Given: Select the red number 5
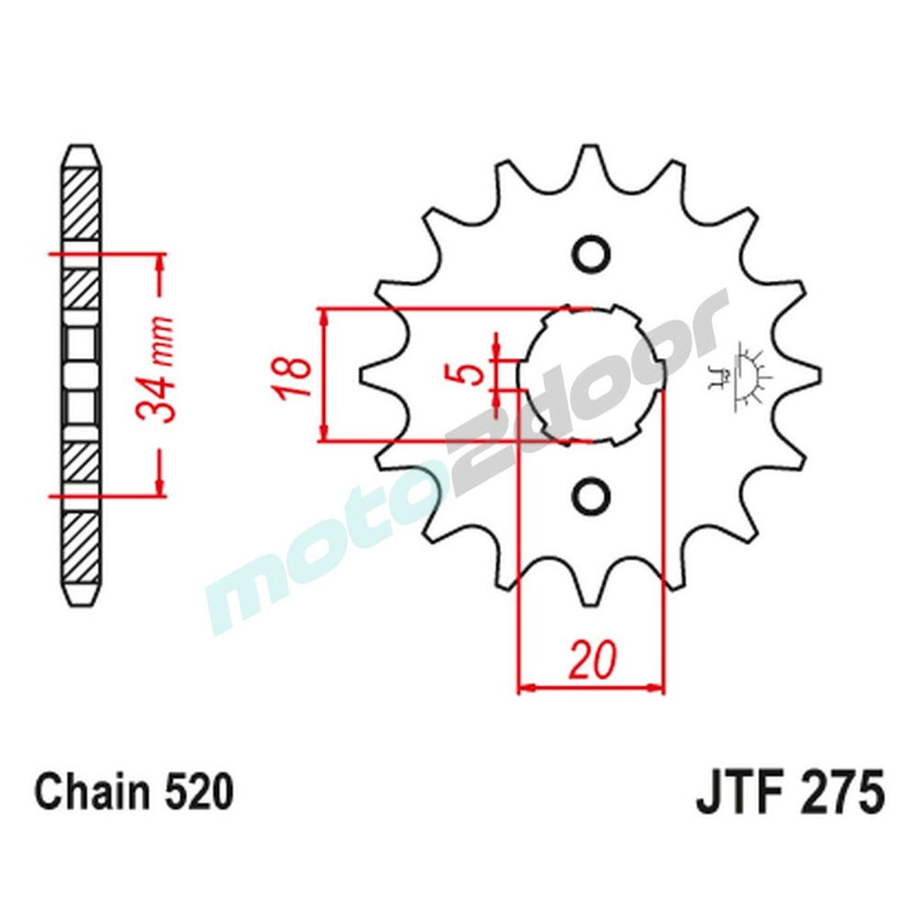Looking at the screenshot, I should pos(471,374).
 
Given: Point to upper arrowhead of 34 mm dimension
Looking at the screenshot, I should pos(161,261).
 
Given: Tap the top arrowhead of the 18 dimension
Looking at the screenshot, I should pos(323,316).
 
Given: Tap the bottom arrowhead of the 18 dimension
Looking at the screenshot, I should pos(323,434).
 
